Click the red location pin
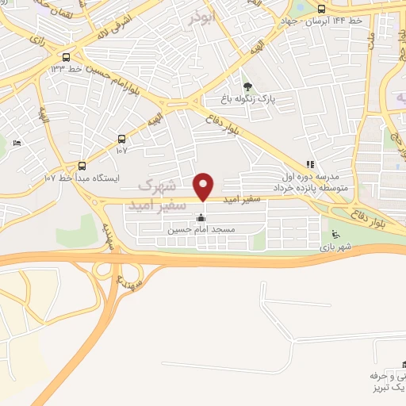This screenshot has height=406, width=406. click(204, 186)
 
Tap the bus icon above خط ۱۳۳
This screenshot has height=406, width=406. click(66, 57)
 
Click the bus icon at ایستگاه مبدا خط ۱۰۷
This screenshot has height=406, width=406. click(82, 165)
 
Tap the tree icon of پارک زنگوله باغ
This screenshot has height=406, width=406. click(247, 86)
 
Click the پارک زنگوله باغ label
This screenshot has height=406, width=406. click(249, 100)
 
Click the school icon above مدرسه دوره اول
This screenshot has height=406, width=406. click(309, 164)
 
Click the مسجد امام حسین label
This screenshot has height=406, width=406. click(201, 230)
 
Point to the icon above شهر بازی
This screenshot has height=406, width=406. click(334, 233)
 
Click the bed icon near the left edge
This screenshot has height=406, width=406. click(17, 143)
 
